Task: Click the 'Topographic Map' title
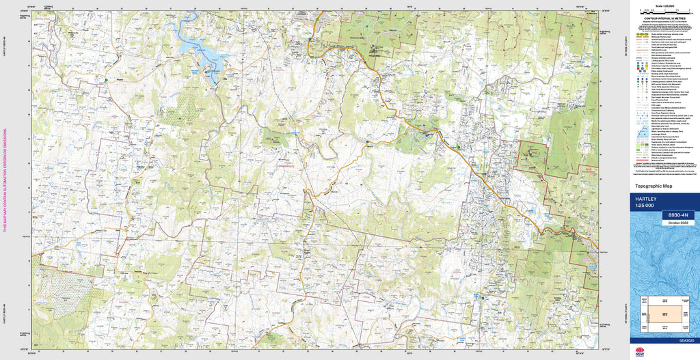click(x=652, y=186)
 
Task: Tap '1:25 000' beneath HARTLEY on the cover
click(x=647, y=206)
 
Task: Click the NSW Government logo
click(x=639, y=352)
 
